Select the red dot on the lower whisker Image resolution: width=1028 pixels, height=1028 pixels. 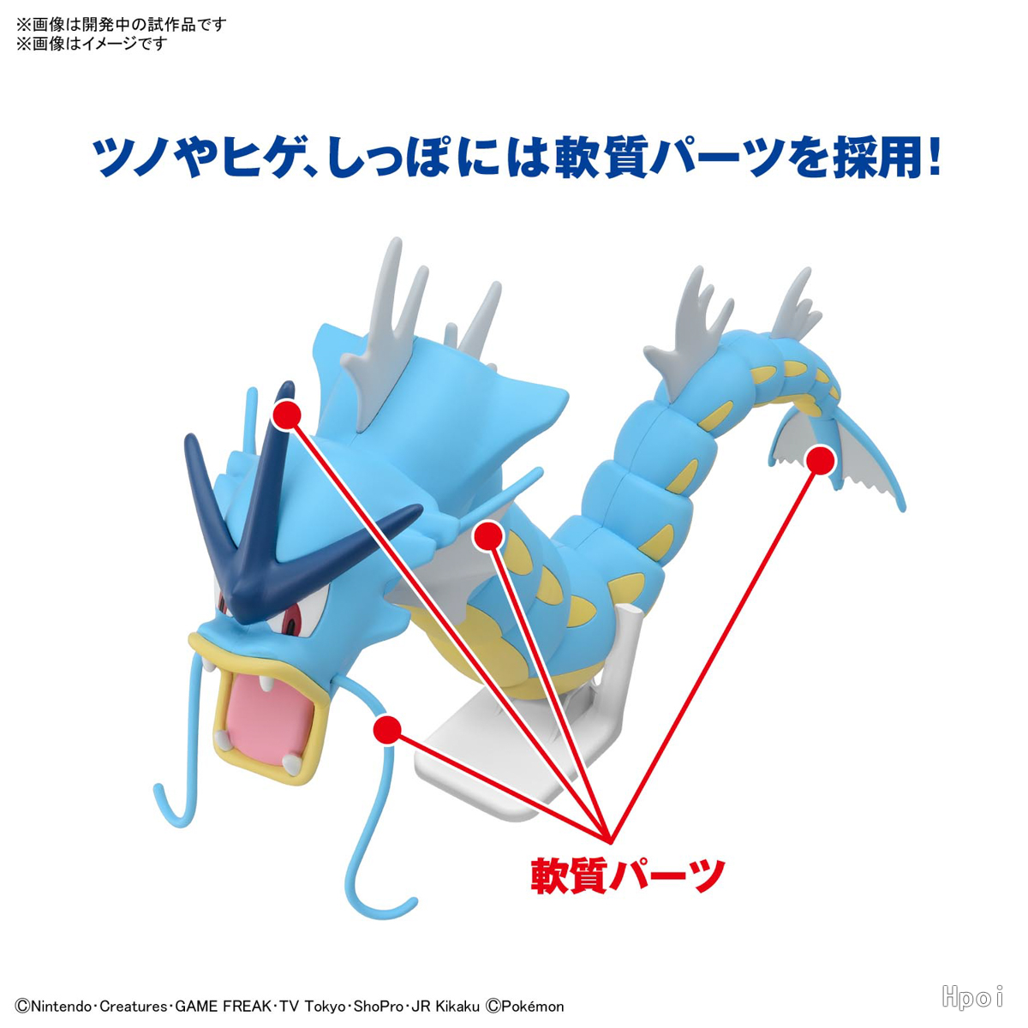(388, 729)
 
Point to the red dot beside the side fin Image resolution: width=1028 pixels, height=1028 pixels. (488, 535)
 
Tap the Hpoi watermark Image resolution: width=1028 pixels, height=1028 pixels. (972, 996)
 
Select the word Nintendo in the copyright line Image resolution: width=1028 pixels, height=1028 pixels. (61, 1007)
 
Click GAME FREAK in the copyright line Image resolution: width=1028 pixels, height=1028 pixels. (223, 1007)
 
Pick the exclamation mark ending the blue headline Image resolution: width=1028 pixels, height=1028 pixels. (933, 155)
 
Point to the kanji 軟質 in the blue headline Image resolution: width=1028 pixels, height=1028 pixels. (601, 156)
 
